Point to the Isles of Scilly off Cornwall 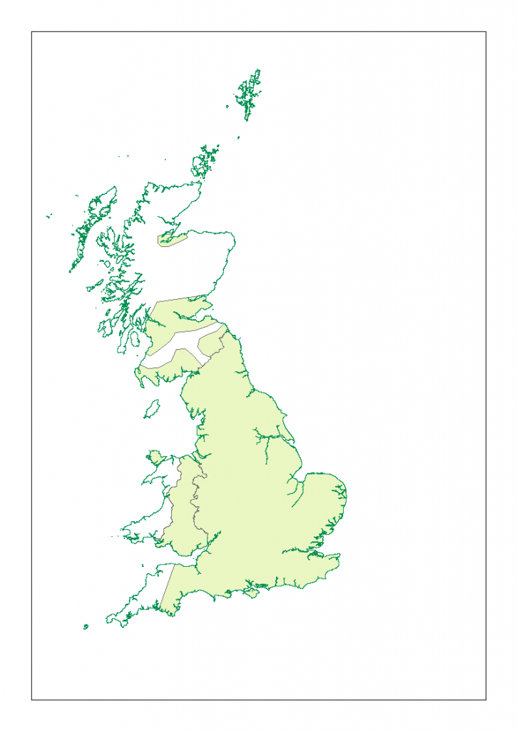click(x=86, y=627)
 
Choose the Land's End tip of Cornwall click(x=108, y=619)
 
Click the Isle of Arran click(x=133, y=338)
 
